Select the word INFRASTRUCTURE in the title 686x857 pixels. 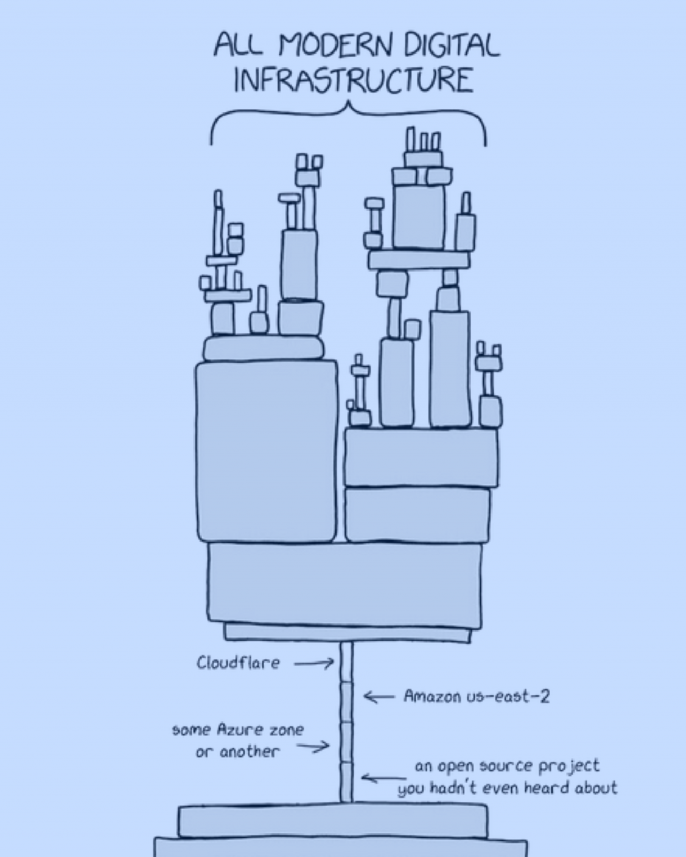[353, 80]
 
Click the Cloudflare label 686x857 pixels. [238, 663]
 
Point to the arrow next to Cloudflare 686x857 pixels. [314, 664]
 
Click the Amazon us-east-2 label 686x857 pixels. [476, 696]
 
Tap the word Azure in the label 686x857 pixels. [239, 730]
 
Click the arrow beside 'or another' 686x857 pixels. [314, 746]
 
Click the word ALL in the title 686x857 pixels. [238, 45]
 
